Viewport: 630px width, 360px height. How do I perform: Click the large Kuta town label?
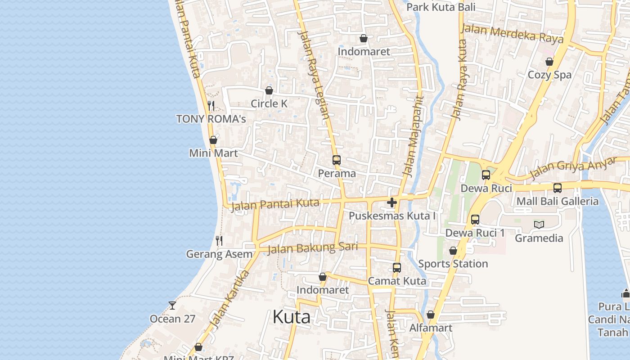291,317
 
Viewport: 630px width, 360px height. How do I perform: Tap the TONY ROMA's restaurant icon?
211,106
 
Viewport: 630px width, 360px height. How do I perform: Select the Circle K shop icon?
269,90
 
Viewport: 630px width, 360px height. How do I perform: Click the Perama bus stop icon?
337,160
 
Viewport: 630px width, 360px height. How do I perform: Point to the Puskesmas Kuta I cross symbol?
392,202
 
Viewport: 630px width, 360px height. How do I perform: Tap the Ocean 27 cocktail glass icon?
172,306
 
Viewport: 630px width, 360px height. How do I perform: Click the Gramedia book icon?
539,225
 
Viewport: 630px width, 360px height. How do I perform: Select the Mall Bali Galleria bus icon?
558,188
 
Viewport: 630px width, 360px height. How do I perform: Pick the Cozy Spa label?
549,75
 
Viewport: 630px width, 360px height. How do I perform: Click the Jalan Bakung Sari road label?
313,248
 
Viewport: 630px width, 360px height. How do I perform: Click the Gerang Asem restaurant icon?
219,241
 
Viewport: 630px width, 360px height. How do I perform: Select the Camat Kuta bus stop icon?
397,268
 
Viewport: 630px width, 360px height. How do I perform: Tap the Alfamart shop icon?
431,315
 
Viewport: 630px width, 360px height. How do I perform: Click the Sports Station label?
453,264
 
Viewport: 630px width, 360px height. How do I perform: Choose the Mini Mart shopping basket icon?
213,140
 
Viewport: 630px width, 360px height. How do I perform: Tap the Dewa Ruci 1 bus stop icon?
475,220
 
